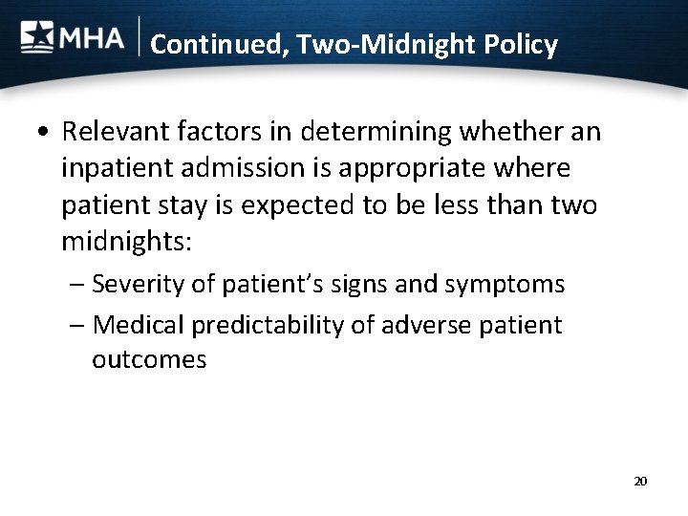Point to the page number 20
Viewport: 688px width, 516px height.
click(x=640, y=481)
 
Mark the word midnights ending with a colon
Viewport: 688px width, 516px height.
click(x=127, y=244)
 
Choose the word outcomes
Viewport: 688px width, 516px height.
click(x=149, y=361)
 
